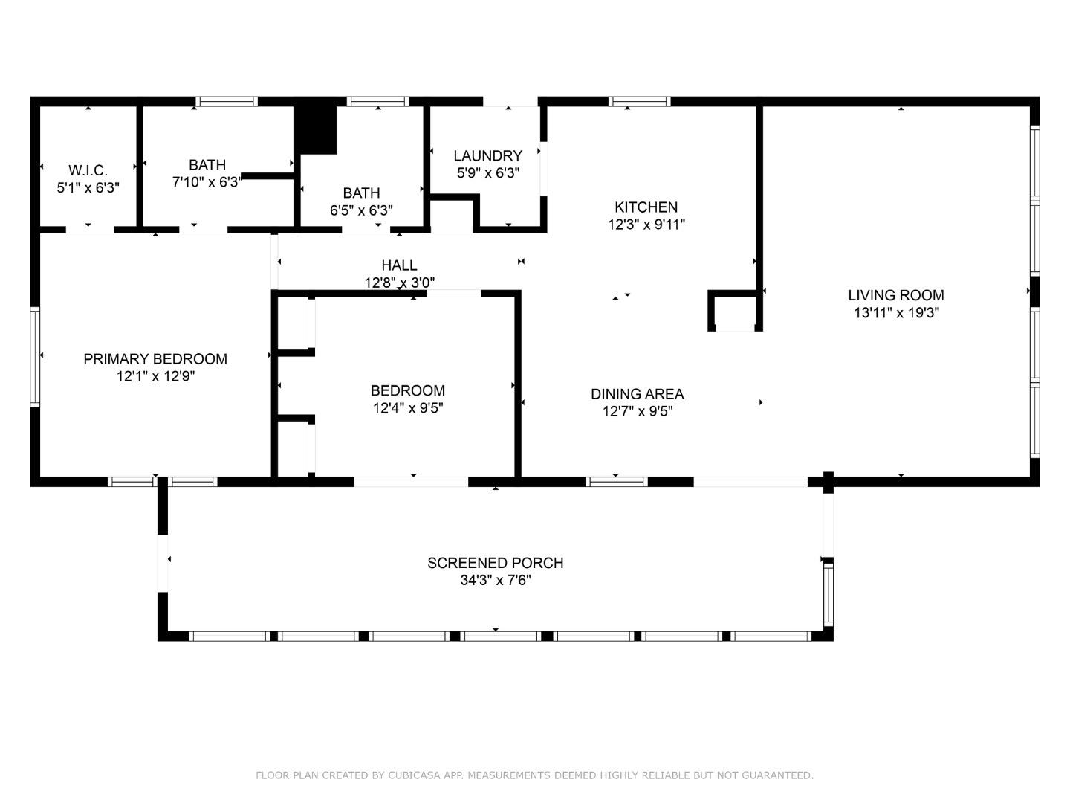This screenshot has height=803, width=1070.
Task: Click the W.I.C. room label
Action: pos(88,170)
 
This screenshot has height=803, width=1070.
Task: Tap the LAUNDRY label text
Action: pos(488,155)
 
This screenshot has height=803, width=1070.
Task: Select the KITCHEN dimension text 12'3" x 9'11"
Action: pos(646,225)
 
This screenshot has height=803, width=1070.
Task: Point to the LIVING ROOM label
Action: pos(896,295)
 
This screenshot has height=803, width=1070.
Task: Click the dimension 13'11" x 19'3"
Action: pos(896,312)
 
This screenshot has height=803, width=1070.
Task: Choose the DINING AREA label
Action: pos(637,393)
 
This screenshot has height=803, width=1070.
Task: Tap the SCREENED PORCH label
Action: pos(496,563)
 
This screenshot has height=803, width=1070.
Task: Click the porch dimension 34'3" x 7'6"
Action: pos(496,580)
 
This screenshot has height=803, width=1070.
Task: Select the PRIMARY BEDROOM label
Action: pos(155,359)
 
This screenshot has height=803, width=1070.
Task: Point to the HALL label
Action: pos(399,265)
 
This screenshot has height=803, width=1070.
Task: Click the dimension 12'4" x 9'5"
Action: pos(408,407)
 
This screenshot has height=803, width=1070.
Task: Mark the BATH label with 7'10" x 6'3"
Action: pos(207,164)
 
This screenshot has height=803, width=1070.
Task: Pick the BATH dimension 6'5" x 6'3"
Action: pos(361,210)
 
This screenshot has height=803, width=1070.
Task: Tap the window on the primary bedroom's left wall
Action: pos(35,357)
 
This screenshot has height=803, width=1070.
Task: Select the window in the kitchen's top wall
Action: pos(639,101)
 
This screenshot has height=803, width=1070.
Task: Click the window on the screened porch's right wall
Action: pos(829,594)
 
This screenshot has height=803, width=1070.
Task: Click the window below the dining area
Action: pos(617,482)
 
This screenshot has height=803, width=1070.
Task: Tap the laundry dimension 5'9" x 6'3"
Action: pos(488,173)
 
